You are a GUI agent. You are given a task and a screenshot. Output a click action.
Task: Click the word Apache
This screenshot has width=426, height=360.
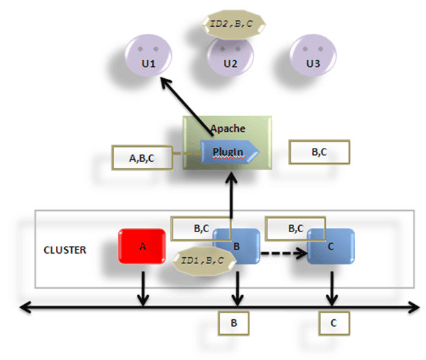[226, 128]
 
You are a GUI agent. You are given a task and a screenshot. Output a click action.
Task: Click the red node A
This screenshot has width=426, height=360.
[142, 247]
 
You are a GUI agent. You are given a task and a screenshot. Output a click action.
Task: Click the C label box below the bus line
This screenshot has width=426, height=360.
[333, 322]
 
